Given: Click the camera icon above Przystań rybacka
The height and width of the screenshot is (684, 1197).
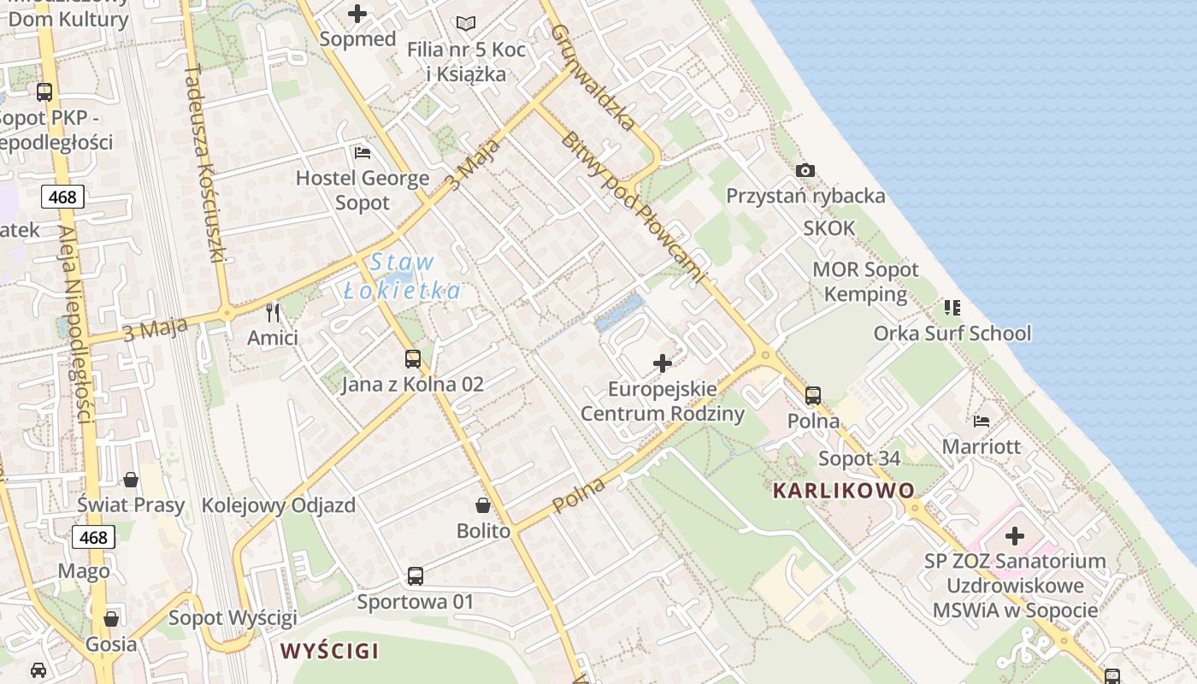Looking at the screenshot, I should (x=805, y=171).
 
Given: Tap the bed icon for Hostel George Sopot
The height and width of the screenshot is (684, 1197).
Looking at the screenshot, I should (x=363, y=153).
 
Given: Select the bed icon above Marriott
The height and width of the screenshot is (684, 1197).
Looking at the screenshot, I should (x=982, y=421).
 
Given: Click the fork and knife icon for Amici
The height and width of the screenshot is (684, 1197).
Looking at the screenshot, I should (x=273, y=313).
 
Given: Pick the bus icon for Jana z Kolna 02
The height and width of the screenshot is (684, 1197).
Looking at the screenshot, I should (x=413, y=359).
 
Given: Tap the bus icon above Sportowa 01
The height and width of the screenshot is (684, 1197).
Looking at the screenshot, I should (x=416, y=576).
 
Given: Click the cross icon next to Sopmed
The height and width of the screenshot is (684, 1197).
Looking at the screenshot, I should (x=357, y=14).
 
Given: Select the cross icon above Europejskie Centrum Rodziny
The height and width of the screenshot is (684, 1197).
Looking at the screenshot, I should (x=663, y=363).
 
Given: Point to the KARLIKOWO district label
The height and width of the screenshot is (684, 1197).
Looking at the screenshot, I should (x=844, y=491).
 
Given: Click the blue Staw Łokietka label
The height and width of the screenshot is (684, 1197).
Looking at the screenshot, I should (x=402, y=276).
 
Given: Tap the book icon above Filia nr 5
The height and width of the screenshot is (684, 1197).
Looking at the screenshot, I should (x=465, y=24).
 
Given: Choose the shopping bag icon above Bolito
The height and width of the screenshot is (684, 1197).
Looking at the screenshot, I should (x=483, y=505).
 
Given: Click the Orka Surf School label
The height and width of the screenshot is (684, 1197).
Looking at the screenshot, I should (x=952, y=333).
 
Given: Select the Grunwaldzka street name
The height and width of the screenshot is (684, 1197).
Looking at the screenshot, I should (x=593, y=77).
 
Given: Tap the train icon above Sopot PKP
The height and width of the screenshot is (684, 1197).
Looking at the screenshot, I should (x=44, y=92).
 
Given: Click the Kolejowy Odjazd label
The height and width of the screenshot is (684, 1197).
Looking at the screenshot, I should (x=279, y=505).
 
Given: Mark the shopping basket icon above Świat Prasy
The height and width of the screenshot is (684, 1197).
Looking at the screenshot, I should (x=131, y=480).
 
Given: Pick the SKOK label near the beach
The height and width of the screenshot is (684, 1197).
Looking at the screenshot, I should (x=828, y=228).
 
